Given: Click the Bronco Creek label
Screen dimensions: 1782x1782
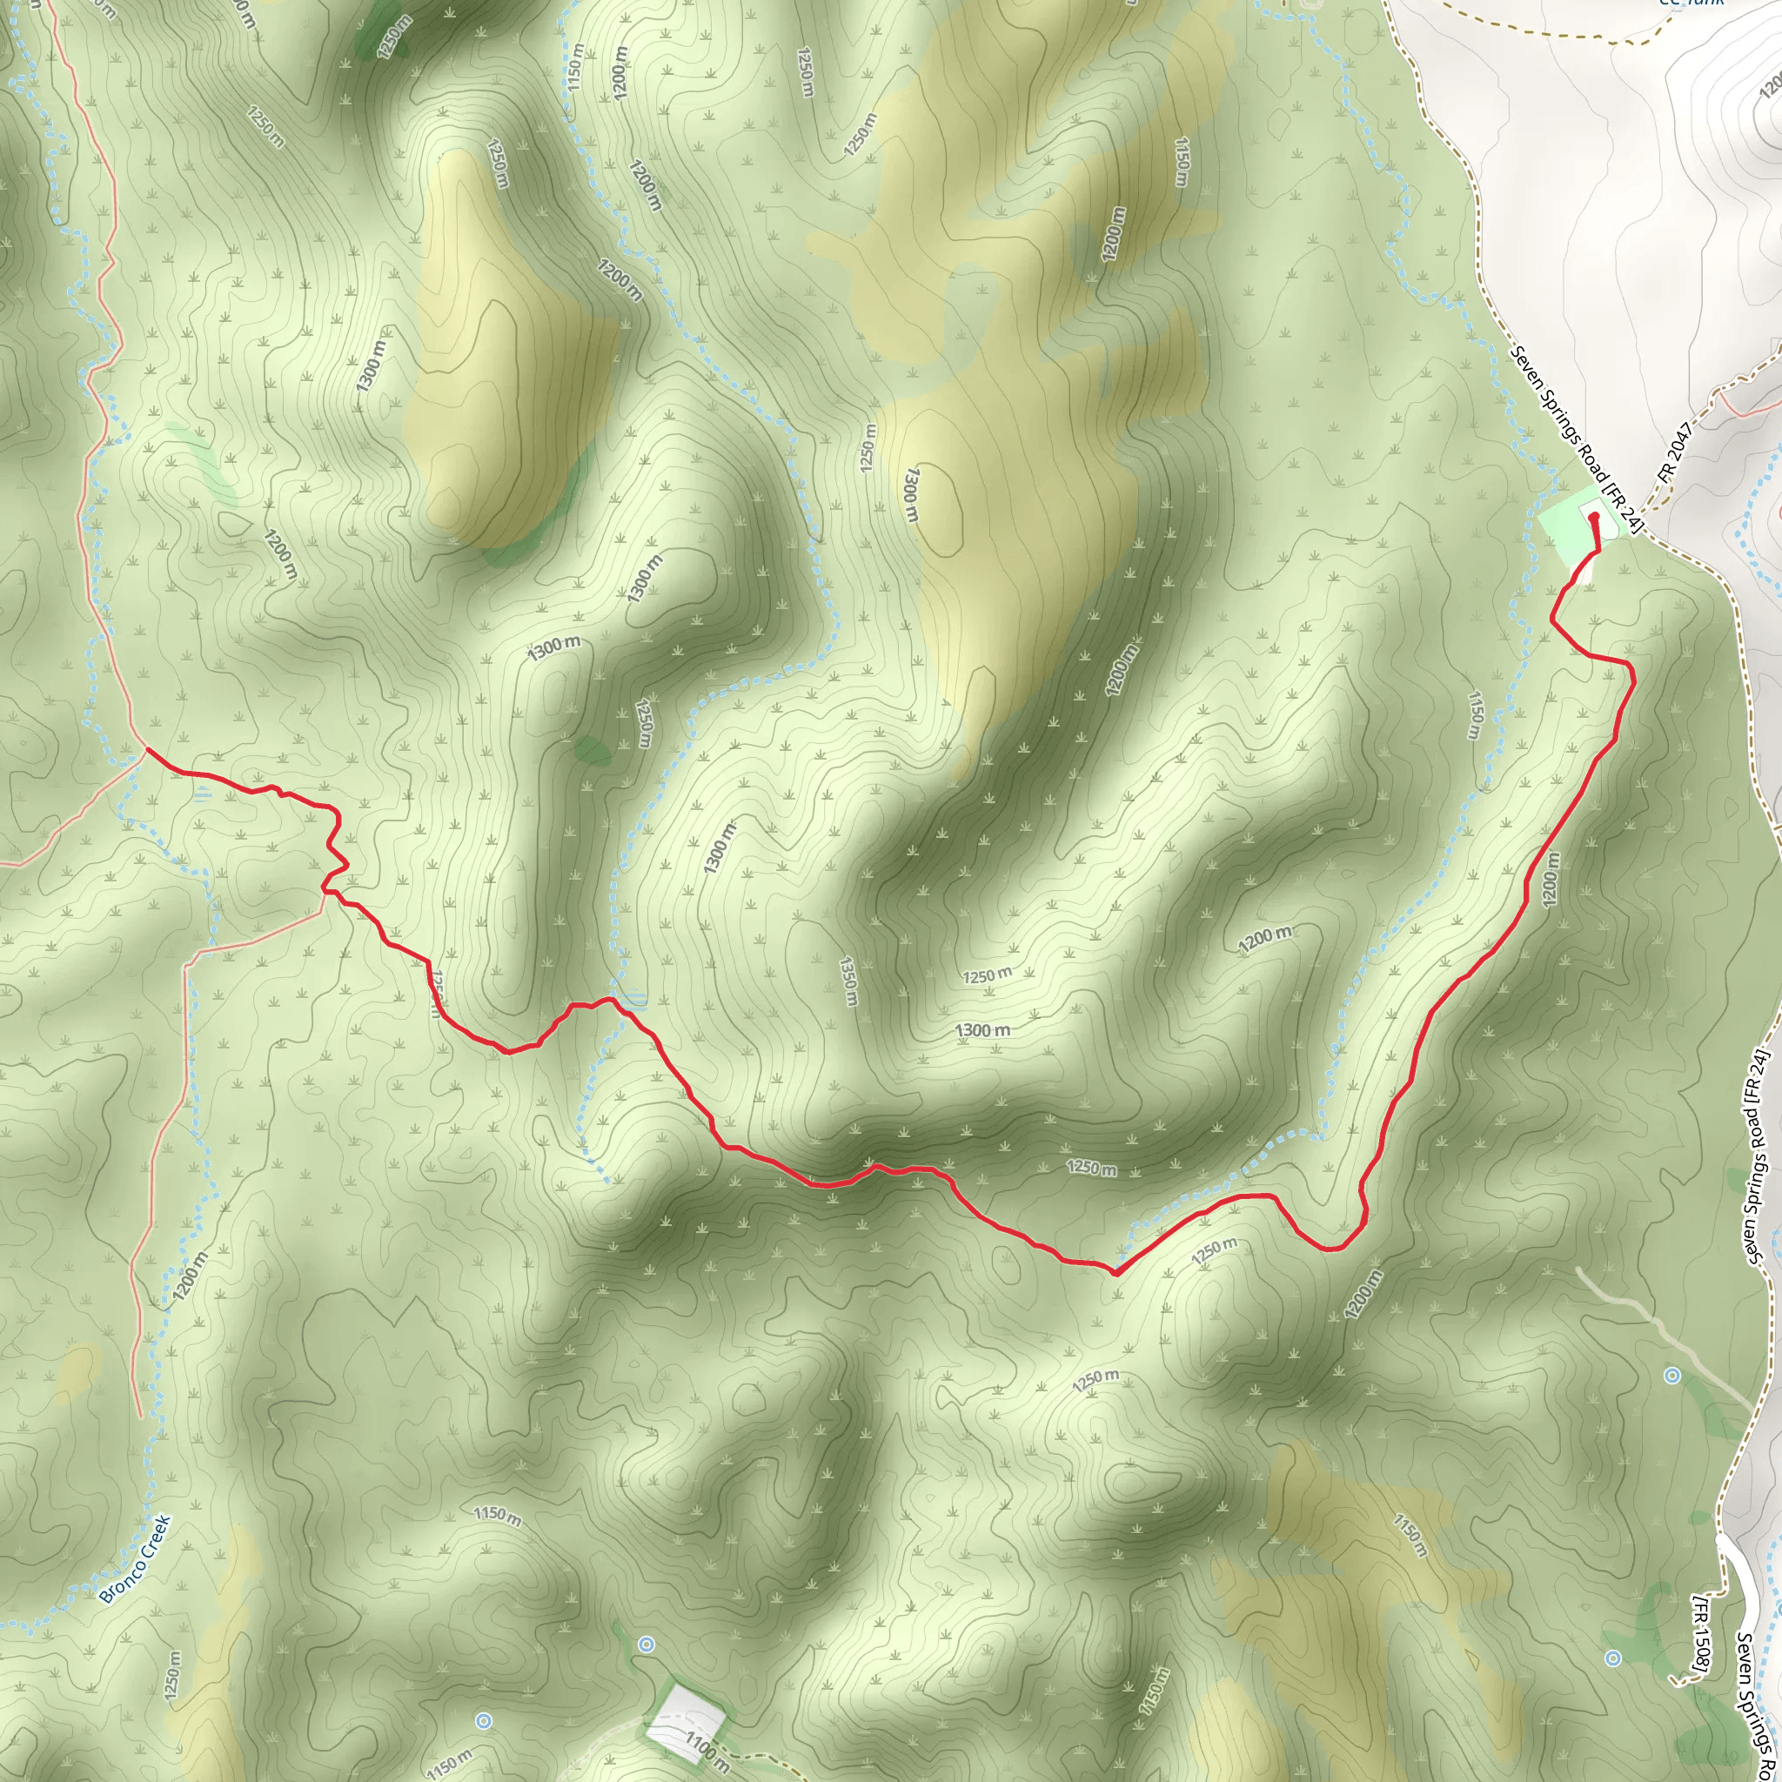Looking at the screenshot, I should pos(135,1560).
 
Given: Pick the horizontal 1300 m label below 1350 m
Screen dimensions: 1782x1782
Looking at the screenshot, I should pos(981,1030).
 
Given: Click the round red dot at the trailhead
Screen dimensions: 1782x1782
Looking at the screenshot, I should pos(1594,518).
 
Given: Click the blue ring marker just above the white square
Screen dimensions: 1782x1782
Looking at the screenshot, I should pos(646,1644).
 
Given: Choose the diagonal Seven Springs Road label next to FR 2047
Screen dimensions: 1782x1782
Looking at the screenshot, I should pos(1578,439).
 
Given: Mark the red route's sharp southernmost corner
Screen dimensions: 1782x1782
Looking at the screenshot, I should pos(1115,1273).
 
